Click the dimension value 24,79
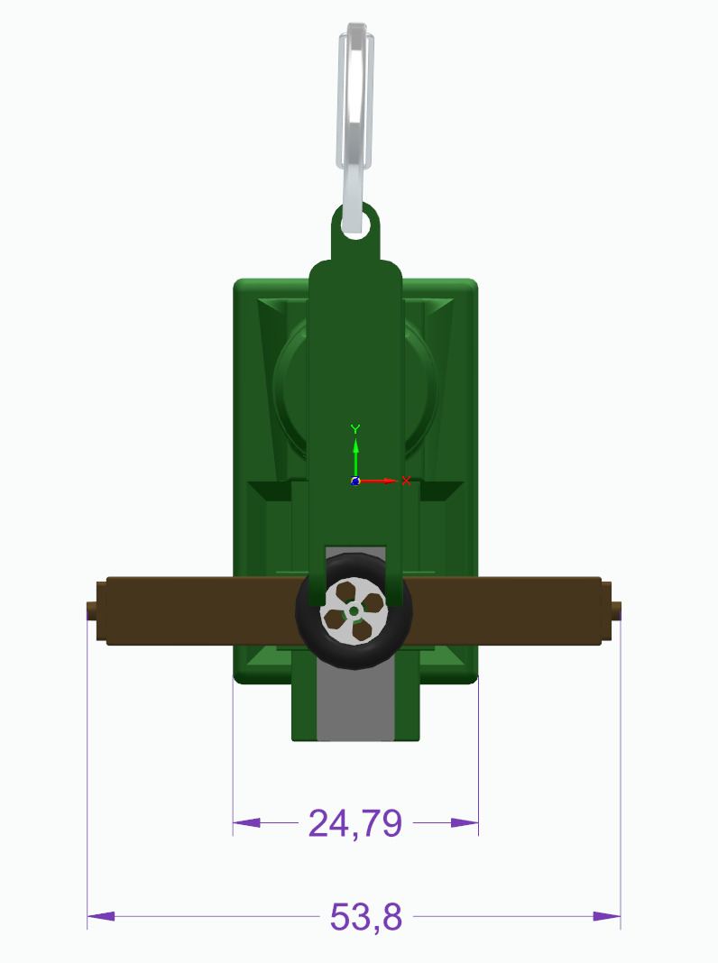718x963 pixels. point(354,823)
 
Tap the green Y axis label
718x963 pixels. point(355,428)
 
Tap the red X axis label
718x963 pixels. point(406,481)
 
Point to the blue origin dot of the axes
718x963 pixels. point(355,481)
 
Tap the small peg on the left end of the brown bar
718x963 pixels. point(92,611)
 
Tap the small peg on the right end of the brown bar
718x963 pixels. point(616,611)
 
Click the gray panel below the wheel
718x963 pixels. point(355,703)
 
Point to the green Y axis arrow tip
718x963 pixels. point(355,445)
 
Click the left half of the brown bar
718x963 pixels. point(198,610)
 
